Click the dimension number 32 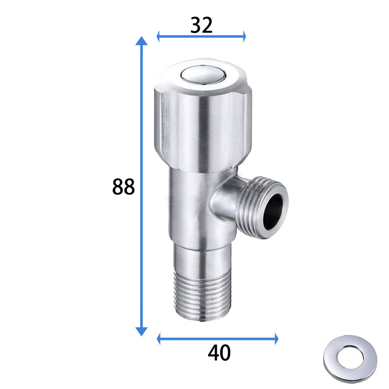[x=201, y=25]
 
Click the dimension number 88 [x=124, y=187]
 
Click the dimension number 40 [x=219, y=353]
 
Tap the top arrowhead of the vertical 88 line [x=141, y=41]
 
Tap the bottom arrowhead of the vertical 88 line [x=141, y=332]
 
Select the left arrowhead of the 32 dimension [x=159, y=36]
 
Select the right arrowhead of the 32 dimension [x=244, y=36]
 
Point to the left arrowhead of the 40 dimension [x=159, y=339]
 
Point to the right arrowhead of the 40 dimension [x=276, y=339]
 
